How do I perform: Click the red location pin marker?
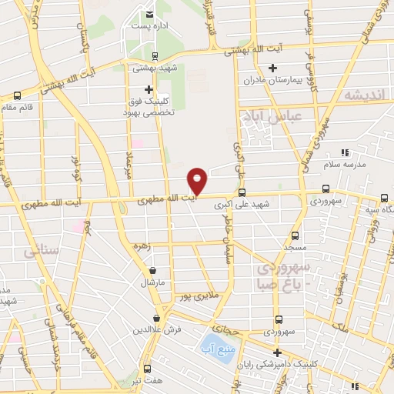point(198,180)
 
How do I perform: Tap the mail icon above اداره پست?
point(149,13)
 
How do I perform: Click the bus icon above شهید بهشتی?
point(155,56)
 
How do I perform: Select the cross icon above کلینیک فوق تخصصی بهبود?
point(149,89)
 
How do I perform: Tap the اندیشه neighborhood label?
point(364,95)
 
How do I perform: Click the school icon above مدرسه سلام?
point(344,152)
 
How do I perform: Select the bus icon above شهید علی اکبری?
point(242,193)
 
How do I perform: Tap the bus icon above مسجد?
point(294,236)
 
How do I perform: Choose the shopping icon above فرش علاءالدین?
point(156,318)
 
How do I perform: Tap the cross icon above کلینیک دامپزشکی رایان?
point(276,352)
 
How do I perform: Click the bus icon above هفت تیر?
point(145,368)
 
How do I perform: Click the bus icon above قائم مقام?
point(17,96)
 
